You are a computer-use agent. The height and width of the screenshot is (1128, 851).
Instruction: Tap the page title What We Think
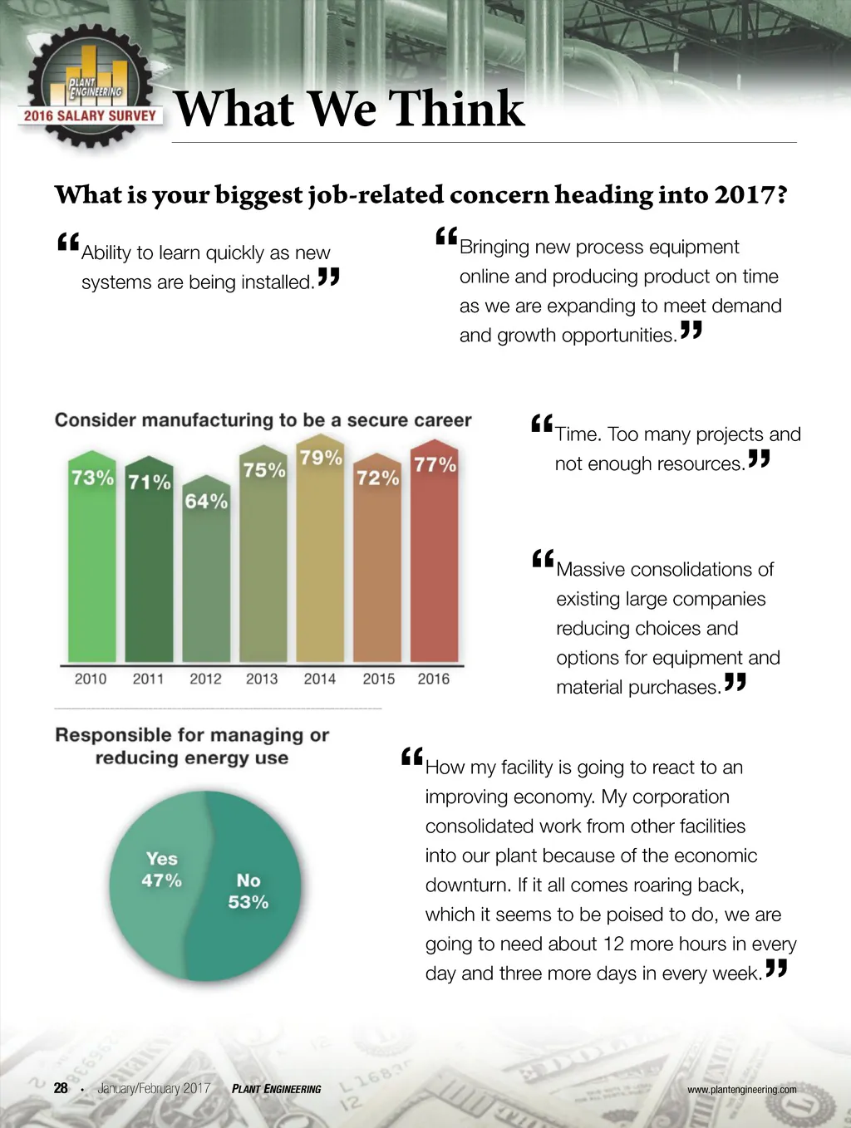point(349,109)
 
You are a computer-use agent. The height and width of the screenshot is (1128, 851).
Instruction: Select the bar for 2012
point(206,573)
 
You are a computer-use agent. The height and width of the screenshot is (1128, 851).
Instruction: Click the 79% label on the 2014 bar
point(321,458)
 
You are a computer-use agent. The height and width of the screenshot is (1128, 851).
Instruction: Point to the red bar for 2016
point(435,565)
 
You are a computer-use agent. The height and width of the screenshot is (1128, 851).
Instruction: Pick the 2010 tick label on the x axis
point(91,679)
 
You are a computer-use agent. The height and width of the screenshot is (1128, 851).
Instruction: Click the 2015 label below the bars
point(379,679)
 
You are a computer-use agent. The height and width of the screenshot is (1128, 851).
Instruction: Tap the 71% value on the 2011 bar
point(150,482)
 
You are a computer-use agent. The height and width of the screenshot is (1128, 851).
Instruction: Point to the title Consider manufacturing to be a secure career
point(263,420)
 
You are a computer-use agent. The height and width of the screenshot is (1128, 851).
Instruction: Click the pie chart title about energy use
point(192,746)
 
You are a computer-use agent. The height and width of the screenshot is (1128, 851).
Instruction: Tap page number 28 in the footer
point(61,1088)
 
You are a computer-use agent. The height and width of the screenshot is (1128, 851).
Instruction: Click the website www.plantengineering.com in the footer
point(741,1090)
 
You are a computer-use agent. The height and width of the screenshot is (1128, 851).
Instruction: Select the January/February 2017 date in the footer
point(154,1088)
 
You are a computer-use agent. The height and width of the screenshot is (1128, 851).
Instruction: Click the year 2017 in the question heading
point(750,195)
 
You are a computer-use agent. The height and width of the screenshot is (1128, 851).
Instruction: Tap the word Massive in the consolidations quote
point(593,570)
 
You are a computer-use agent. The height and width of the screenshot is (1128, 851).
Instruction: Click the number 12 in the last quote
point(613,944)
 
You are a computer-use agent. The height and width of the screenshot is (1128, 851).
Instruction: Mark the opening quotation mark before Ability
point(68,243)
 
